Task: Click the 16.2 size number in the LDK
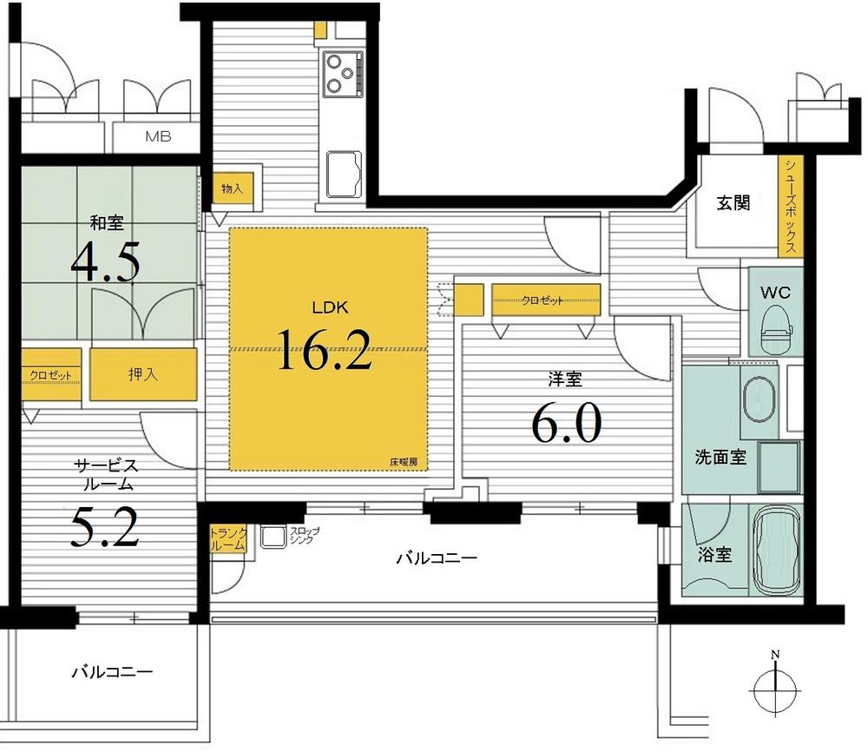click(325, 350)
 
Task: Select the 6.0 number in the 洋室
click(565, 424)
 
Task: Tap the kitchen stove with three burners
click(343, 74)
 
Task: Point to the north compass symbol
click(776, 688)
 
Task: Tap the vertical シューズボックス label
click(792, 206)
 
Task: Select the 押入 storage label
click(143, 375)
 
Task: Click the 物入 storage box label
click(232, 188)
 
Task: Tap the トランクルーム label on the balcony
click(229, 539)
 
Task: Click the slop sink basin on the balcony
click(273, 538)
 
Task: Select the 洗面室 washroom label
click(720, 458)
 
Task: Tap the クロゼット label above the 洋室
click(542, 300)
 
